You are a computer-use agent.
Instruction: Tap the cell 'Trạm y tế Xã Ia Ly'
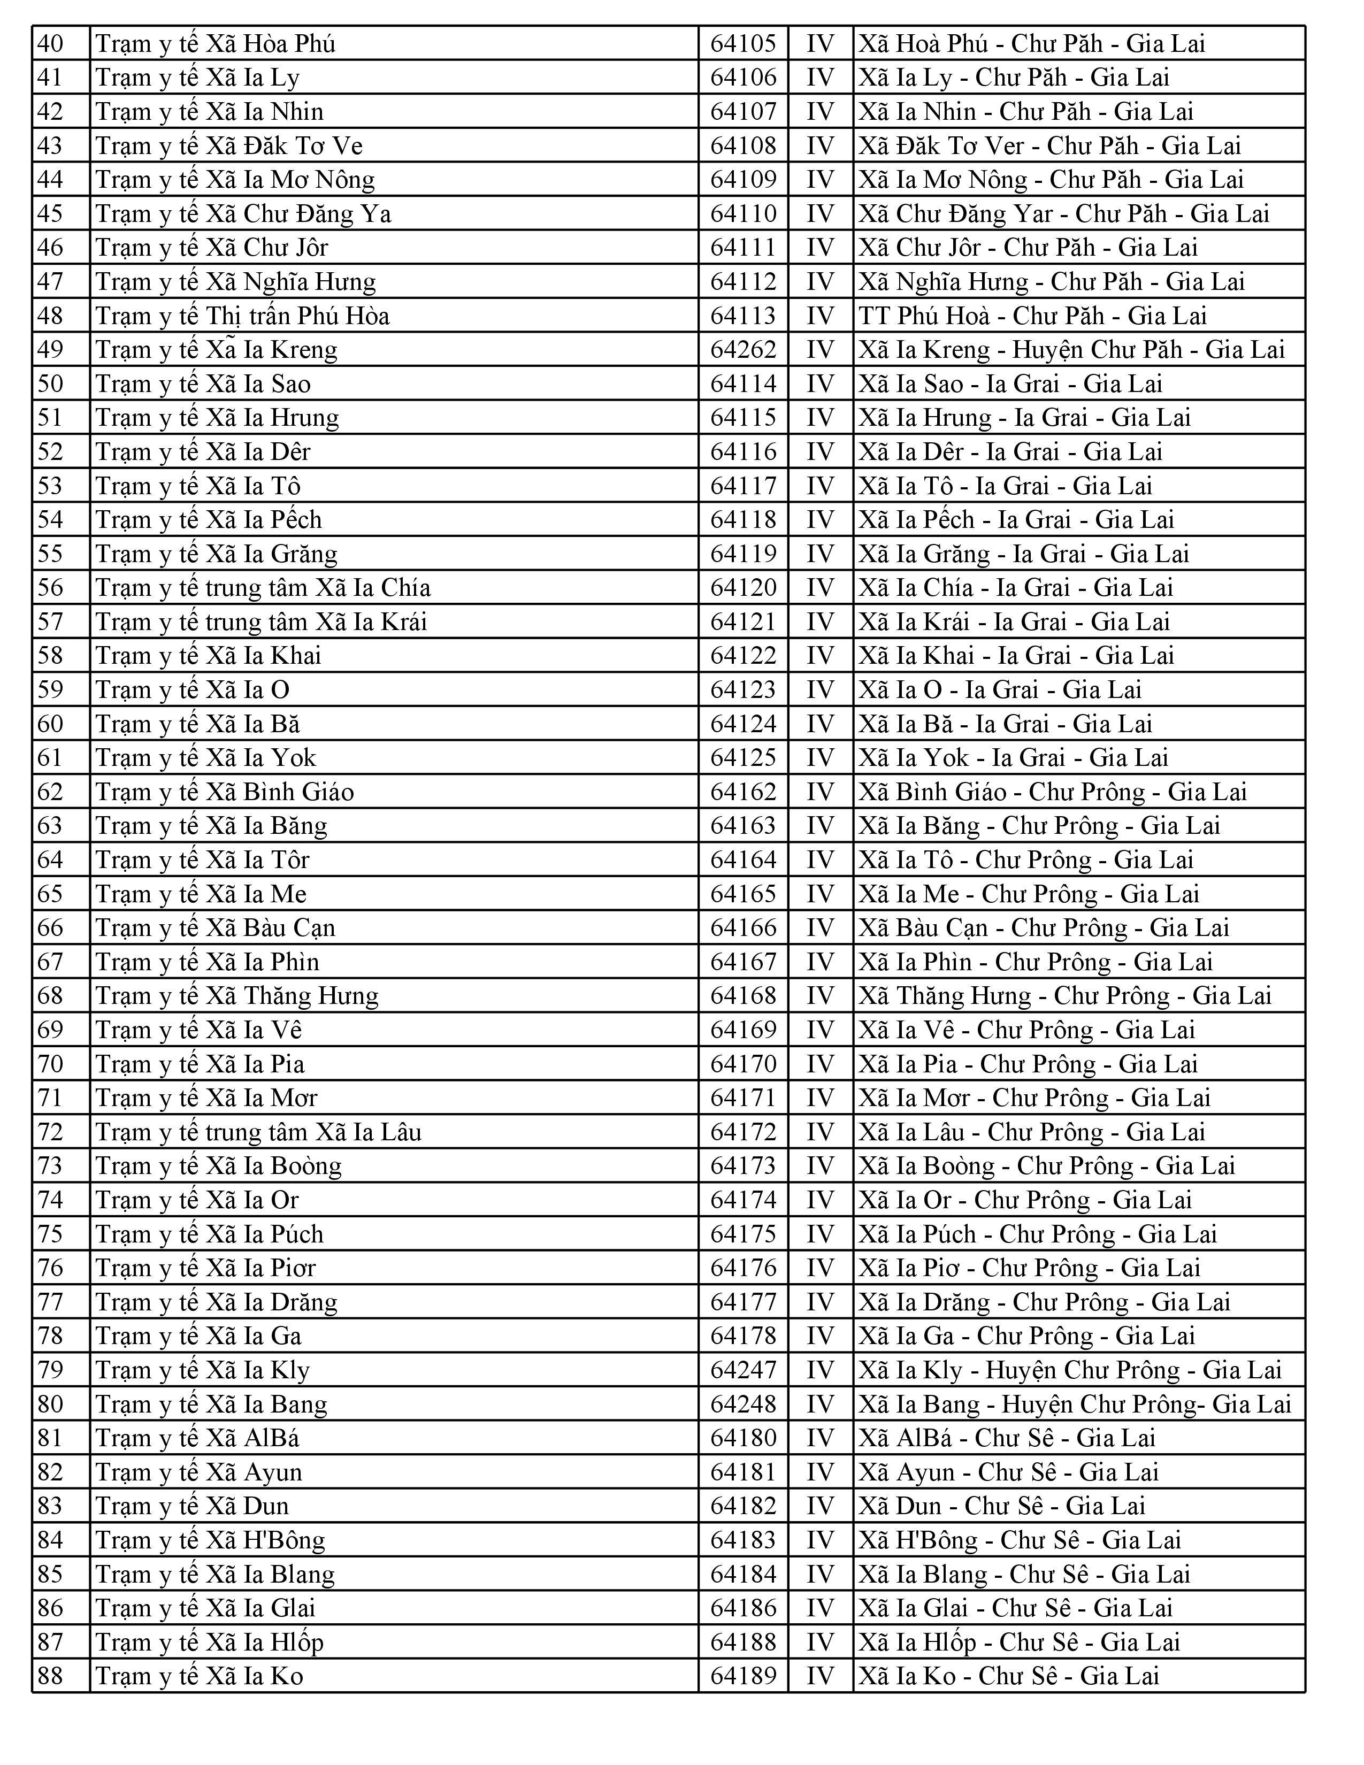[198, 78]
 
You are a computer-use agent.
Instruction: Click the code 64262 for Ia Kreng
[742, 350]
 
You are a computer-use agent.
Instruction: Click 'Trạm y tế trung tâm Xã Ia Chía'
[263, 587]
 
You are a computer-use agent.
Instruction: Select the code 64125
[742, 758]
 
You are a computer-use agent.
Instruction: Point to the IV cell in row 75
[819, 1234]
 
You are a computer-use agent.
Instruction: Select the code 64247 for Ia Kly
[742, 1370]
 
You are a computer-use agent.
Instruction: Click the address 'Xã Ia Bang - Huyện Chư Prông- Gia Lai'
[1075, 1405]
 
